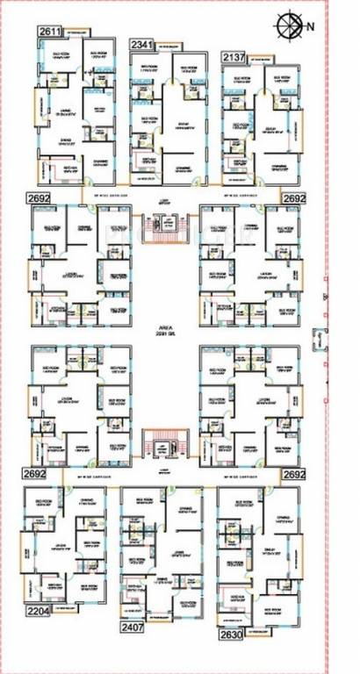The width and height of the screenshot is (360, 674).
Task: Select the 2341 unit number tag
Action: (141, 45)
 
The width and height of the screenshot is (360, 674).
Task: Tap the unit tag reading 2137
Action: (234, 57)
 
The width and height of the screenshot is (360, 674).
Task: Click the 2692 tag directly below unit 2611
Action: (39, 198)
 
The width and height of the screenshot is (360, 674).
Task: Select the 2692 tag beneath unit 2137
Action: (294, 198)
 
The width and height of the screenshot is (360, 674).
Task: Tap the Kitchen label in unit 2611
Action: (55, 168)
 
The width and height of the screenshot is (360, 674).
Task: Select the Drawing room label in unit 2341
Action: (183, 168)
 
